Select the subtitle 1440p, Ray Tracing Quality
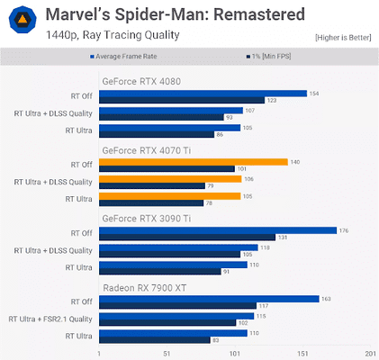pos(96,36)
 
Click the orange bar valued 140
pos(193,162)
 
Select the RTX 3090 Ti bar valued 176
pos(217,230)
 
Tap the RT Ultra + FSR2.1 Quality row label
pos(49,319)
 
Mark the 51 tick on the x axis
pos(167,353)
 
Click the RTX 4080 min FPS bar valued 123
pos(181,100)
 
